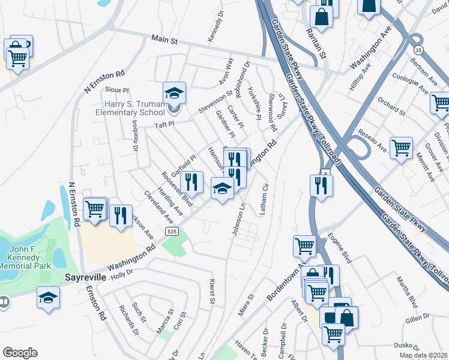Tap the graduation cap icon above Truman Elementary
174,93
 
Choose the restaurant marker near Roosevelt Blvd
191,182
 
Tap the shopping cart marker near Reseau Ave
401,147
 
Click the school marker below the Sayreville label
49,298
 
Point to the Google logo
20,353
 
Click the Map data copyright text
423,355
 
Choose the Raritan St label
315,43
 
